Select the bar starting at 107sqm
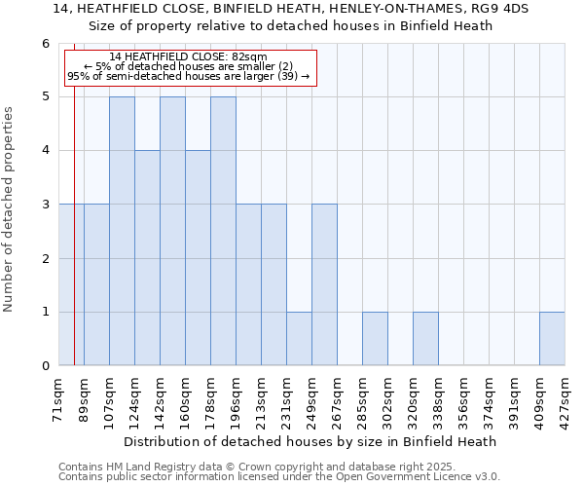click(122, 231)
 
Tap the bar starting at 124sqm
click(147, 258)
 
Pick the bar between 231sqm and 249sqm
click(299, 339)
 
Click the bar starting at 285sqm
click(375, 339)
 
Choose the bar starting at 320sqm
click(425, 339)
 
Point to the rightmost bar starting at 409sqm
click(552, 339)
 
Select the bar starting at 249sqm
click(324, 284)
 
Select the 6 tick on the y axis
click(45, 44)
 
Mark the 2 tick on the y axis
click(45, 258)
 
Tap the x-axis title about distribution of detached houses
click(311, 441)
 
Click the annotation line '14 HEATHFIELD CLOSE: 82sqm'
click(189, 57)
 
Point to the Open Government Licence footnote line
click(279, 477)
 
